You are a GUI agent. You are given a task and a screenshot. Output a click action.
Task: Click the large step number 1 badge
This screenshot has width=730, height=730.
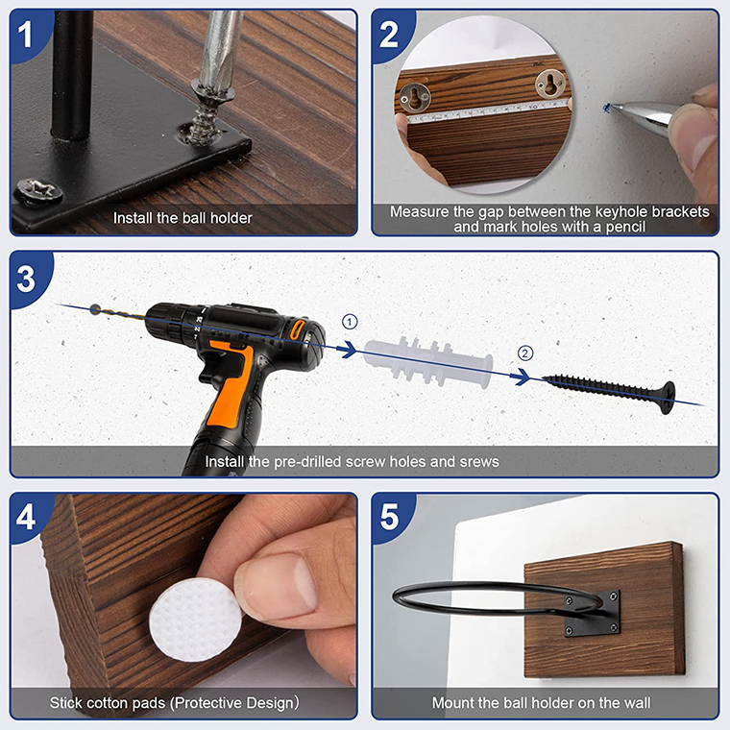(26, 34)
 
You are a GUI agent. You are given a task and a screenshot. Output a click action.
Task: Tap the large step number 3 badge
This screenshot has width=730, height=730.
(26, 279)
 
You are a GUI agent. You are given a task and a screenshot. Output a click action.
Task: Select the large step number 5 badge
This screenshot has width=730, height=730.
(389, 517)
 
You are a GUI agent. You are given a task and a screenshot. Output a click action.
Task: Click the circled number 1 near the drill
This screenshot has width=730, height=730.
(350, 322)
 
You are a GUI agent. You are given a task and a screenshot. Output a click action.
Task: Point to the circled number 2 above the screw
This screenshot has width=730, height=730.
(525, 353)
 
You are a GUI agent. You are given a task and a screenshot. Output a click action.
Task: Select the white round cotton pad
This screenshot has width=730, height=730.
(196, 620)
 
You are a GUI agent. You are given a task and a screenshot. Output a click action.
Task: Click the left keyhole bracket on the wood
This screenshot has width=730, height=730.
(414, 97)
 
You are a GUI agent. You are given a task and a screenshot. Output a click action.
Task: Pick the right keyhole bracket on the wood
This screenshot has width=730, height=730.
(550, 83)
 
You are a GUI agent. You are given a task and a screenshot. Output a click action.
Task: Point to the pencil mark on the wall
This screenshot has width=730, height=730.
(607, 108)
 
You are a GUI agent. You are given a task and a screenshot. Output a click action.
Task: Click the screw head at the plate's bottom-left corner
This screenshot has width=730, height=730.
(38, 191)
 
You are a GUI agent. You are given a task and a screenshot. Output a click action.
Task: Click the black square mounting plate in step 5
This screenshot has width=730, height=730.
(592, 614)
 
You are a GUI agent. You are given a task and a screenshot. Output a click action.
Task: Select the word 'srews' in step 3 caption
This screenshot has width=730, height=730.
(479, 462)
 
